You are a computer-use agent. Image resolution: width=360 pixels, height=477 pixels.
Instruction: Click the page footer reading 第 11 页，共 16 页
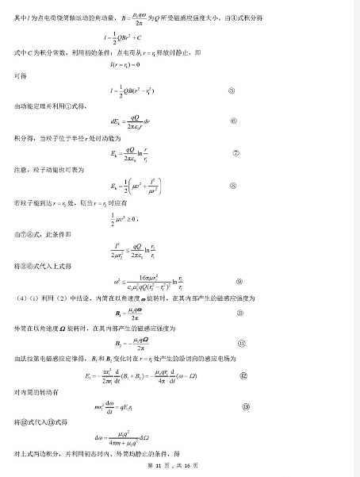(x=179, y=464)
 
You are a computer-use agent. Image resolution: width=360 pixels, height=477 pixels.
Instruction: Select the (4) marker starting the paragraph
(x=20, y=298)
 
